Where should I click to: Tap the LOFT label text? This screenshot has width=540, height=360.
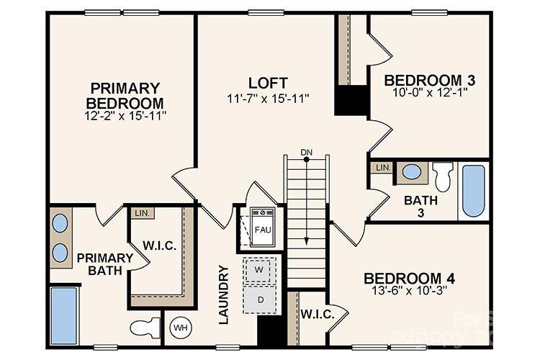pyautogui.click(x=269, y=82)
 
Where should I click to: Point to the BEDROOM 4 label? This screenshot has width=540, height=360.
pyautogui.click(x=408, y=279)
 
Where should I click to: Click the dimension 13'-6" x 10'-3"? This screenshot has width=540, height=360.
pyautogui.click(x=408, y=292)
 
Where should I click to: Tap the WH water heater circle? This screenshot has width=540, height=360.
pyautogui.click(x=179, y=328)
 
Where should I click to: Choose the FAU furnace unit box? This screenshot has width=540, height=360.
pyautogui.click(x=263, y=228)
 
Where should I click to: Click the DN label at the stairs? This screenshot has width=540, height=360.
pyautogui.click(x=307, y=152)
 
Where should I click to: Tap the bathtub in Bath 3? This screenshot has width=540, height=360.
pyautogui.click(x=473, y=190)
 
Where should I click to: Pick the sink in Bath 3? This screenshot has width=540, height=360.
pyautogui.click(x=412, y=172)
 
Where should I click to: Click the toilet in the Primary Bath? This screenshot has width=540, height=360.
pyautogui.click(x=146, y=328)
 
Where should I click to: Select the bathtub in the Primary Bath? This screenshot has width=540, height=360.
pyautogui.click(x=64, y=315)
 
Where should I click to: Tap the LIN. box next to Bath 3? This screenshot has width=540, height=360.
pyautogui.click(x=382, y=168)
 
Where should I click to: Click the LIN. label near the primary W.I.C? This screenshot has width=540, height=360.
pyautogui.click(x=140, y=213)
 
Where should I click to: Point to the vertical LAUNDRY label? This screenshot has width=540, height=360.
pyautogui.click(x=223, y=294)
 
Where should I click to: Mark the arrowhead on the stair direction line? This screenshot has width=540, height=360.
pyautogui.click(x=307, y=242)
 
